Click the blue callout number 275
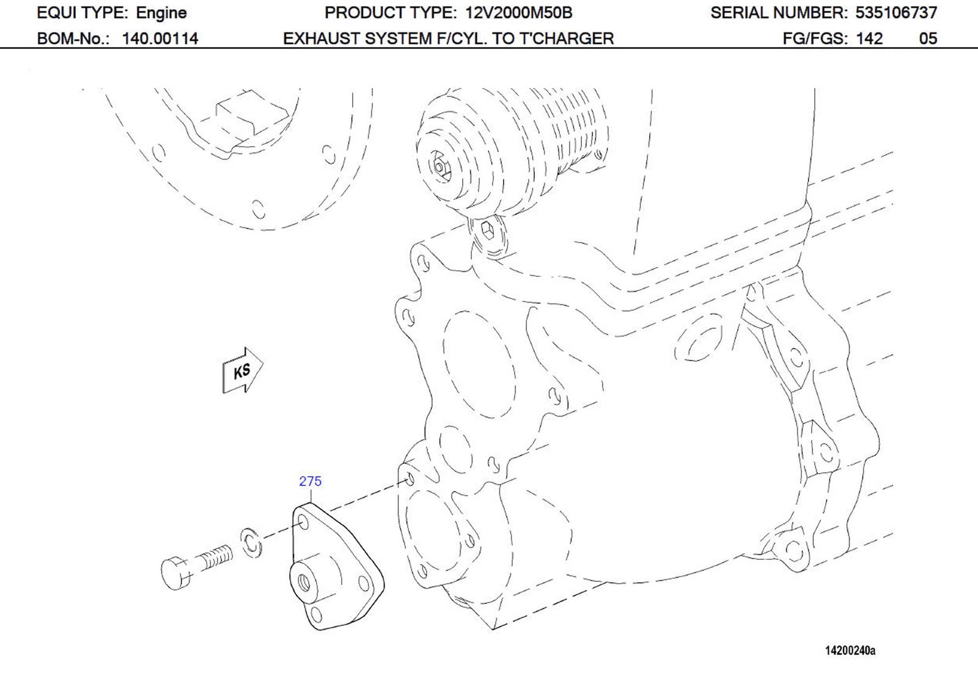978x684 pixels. (310, 481)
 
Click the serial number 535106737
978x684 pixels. (895, 13)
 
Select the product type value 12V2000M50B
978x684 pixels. (516, 13)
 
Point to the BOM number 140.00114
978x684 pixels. (160, 39)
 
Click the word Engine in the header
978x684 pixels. (161, 13)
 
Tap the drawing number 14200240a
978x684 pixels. (850, 650)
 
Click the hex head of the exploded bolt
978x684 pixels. (175, 572)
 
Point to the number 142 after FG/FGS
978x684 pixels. (869, 39)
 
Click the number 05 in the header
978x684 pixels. (927, 39)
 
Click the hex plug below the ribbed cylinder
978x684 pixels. (488, 232)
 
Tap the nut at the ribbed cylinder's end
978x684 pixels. (440, 167)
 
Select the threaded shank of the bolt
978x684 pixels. (215, 557)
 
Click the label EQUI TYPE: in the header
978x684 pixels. (83, 13)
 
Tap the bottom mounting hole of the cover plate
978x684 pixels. (317, 614)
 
